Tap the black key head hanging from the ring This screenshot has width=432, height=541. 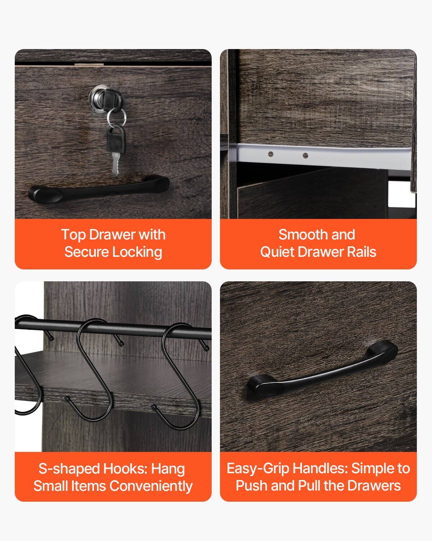(x=116, y=138)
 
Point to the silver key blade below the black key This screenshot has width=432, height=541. (x=115, y=164)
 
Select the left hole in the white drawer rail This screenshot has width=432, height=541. (x=271, y=154)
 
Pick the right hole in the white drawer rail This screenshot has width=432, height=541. (x=305, y=156)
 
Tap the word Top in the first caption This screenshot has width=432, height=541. (x=73, y=235)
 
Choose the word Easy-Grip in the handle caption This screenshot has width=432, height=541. (x=258, y=469)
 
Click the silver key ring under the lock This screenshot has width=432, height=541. (x=116, y=116)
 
